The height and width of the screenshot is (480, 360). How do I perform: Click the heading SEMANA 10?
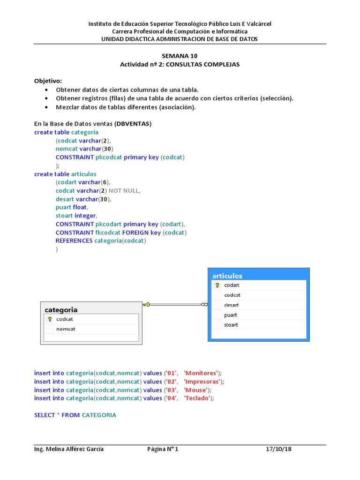[180, 56]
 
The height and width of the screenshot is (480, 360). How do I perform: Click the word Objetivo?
[48, 81]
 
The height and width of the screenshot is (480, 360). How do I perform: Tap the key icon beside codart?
[217, 285]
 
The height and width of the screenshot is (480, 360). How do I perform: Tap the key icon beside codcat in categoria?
[50, 319]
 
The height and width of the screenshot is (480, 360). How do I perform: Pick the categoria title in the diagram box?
[61, 310]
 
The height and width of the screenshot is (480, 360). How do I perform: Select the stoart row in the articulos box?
[231, 325]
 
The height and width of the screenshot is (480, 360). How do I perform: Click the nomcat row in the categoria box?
[66, 329]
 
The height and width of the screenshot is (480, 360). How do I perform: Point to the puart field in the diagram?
[231, 315]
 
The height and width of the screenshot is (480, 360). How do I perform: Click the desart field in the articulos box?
[232, 305]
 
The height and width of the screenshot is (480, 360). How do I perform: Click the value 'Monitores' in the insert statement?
[201, 373]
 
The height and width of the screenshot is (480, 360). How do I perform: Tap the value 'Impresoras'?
[202, 382]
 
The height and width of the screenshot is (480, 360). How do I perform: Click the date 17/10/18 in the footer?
[278, 449]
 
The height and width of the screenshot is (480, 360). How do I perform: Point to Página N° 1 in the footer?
[163, 449]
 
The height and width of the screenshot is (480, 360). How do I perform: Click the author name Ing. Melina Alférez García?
[69, 449]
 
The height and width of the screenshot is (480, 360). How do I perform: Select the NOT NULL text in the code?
[124, 191]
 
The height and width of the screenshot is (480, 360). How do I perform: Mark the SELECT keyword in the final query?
[44, 415]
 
